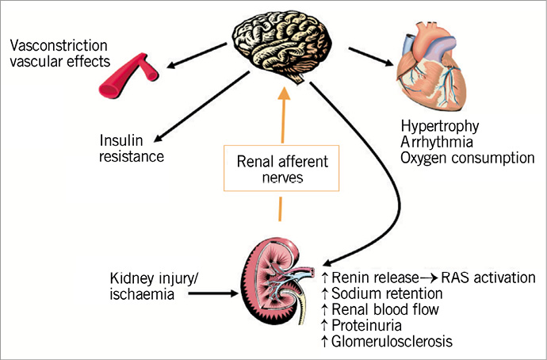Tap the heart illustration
pos(441,73)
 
